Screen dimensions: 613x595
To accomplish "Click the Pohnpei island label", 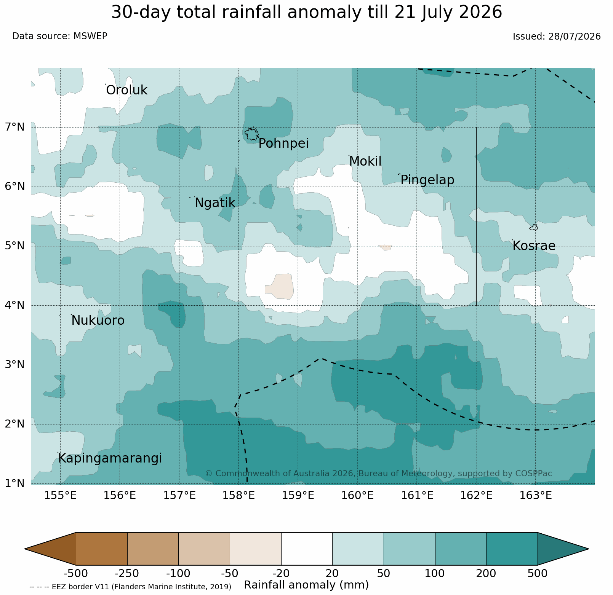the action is (x=283, y=144).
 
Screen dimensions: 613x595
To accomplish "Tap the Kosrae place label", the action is (x=534, y=246).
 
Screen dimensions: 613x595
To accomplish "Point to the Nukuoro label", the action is (x=98, y=321).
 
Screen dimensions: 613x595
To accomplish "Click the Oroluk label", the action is (x=126, y=90).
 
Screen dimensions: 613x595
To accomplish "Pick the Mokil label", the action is (x=365, y=161).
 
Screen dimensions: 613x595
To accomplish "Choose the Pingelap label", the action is (x=427, y=180).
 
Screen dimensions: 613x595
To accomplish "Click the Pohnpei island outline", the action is (x=251, y=134).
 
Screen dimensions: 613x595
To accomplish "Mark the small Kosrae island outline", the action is (x=534, y=227).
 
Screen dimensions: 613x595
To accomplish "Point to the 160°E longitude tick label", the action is (x=357, y=496).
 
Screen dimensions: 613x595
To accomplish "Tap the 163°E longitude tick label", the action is (x=536, y=496).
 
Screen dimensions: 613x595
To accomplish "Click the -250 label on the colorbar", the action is (x=127, y=573).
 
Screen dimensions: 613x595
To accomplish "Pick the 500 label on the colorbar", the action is (x=538, y=573).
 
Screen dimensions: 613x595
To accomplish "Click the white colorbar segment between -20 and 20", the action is (x=307, y=549).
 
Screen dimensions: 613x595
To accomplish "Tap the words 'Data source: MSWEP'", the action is (x=60, y=36).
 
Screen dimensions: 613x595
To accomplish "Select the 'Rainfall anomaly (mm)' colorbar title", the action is (x=306, y=585).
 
